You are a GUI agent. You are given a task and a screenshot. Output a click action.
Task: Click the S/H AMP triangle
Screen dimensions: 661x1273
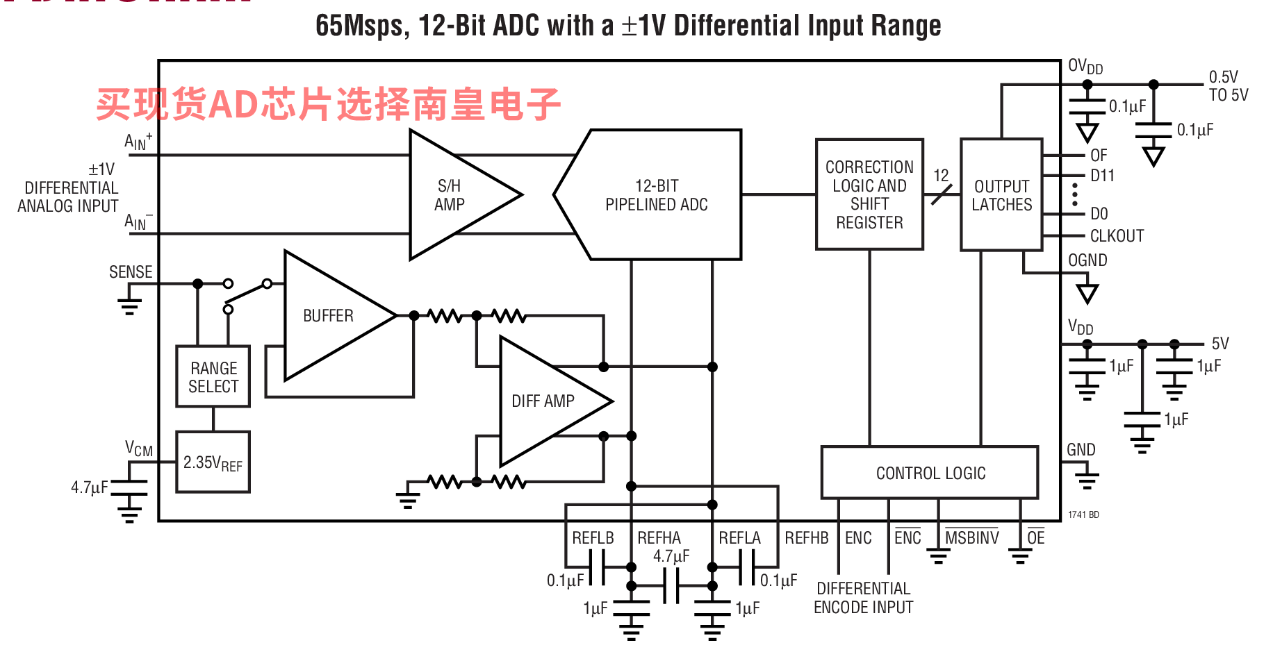point(452,195)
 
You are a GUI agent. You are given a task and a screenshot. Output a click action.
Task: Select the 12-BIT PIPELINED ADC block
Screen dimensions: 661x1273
point(656,195)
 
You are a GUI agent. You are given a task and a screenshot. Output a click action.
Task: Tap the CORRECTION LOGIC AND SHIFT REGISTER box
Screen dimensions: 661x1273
point(869,194)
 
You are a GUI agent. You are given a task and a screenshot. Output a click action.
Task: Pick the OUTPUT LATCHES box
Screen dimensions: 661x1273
point(1001,195)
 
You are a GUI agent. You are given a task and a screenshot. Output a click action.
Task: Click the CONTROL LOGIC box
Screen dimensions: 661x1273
point(930,473)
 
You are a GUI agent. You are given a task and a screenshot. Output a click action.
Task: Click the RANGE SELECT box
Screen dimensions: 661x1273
point(213,377)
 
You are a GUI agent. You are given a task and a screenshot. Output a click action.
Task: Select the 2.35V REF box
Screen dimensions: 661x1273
point(213,462)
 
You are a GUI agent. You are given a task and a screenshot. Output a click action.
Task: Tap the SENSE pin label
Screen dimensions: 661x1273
point(131,272)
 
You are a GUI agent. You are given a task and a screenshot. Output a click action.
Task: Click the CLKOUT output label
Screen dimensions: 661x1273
point(1117,236)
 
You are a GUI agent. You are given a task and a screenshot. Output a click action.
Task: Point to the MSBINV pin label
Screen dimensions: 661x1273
point(971,538)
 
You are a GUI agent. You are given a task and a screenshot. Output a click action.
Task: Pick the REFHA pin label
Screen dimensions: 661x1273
point(659,538)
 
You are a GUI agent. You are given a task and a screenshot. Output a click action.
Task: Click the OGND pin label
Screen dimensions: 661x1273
point(1087,260)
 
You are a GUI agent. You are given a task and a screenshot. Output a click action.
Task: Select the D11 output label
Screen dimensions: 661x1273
point(1102,176)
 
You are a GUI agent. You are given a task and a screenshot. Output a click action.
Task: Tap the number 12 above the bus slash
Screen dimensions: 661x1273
point(941,176)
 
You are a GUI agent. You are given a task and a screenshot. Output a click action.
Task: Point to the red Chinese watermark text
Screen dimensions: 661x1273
point(328,105)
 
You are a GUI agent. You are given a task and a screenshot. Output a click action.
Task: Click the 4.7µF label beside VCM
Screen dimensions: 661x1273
point(89,487)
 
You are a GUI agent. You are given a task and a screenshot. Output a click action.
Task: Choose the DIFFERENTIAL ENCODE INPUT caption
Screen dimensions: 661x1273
point(863,598)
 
